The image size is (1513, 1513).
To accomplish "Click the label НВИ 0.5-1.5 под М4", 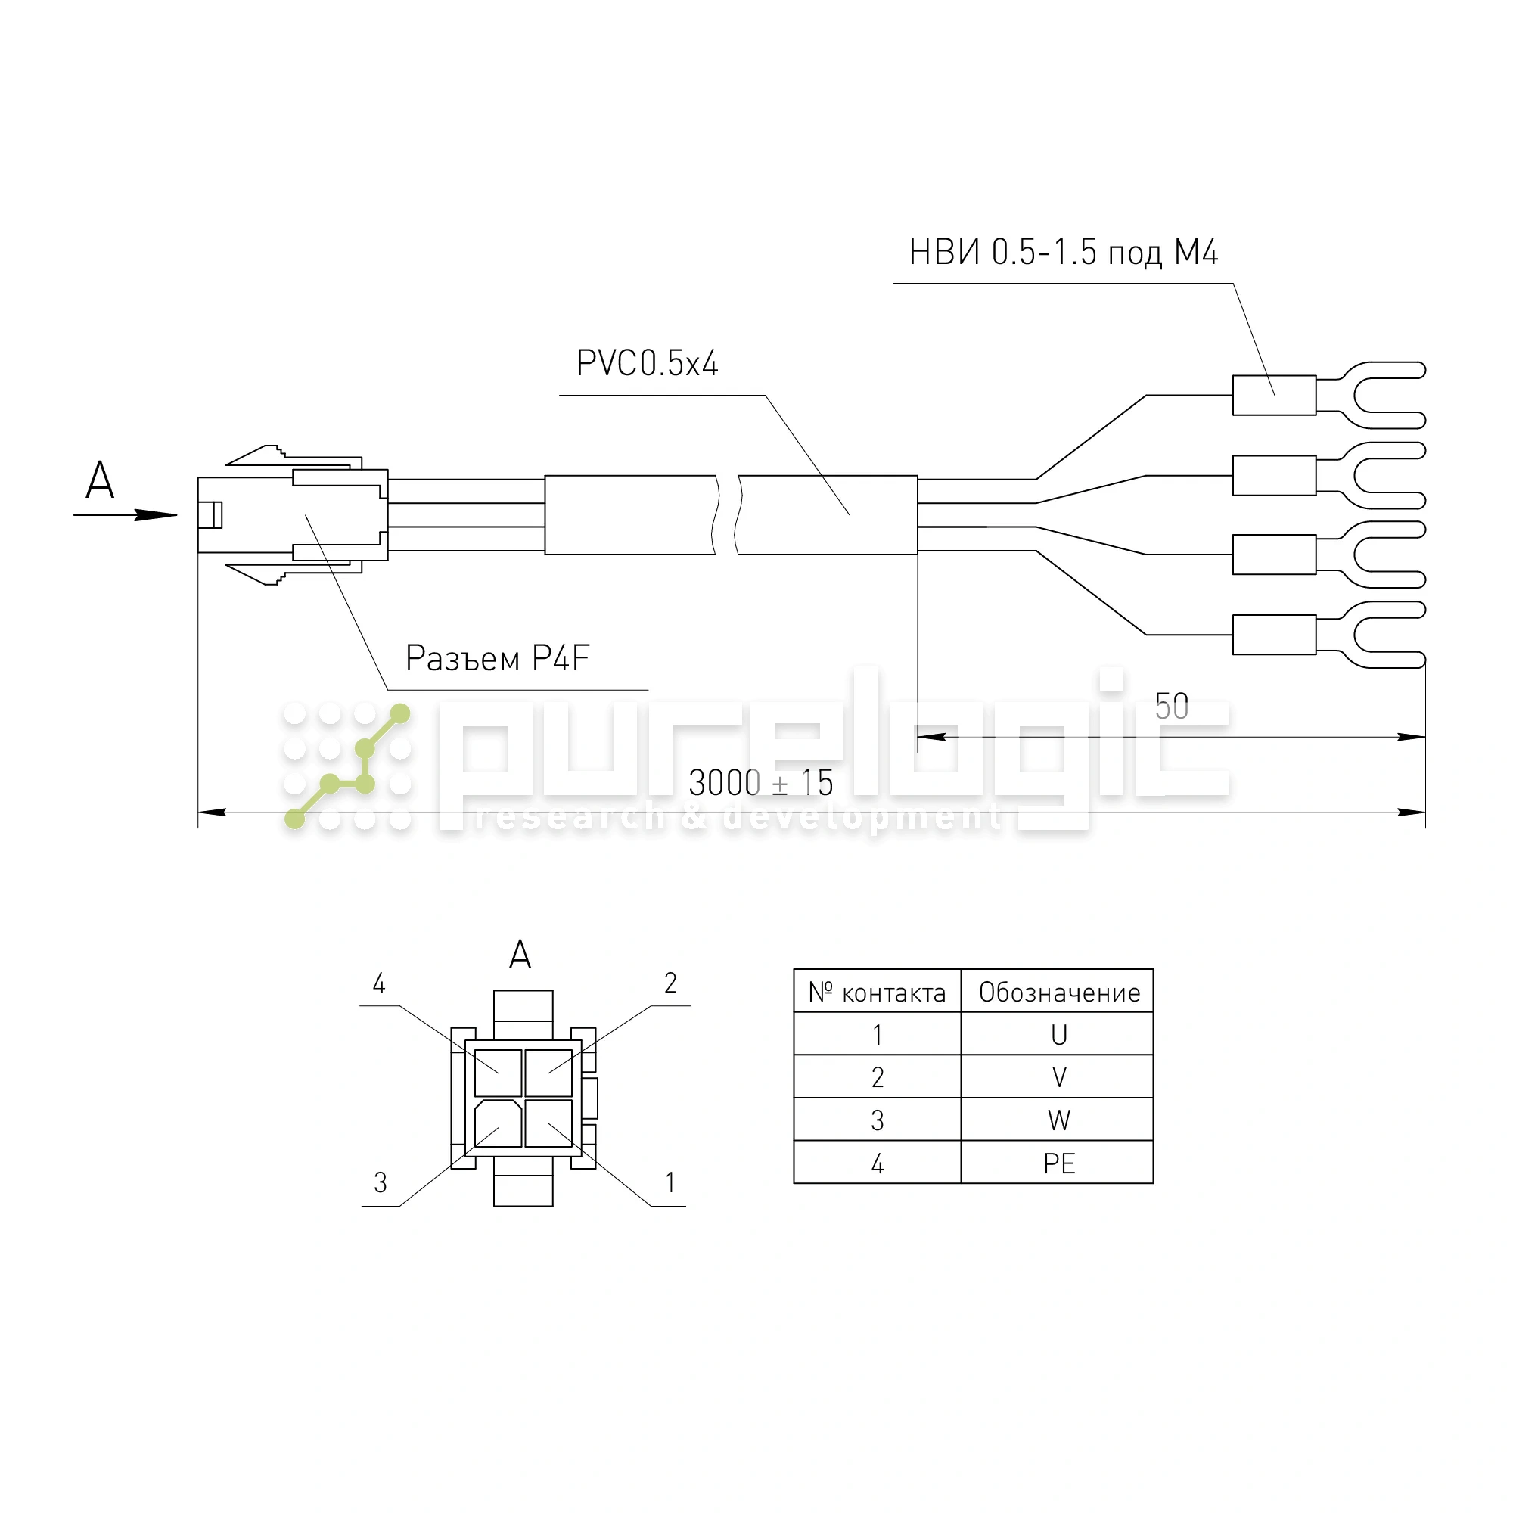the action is [x=1063, y=252].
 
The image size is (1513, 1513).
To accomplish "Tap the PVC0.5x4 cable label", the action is [x=647, y=363].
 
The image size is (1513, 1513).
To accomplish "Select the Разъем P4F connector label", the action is [x=497, y=658].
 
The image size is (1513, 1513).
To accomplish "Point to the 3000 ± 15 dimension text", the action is [x=760, y=782].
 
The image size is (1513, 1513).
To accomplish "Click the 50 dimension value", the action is [x=1172, y=707].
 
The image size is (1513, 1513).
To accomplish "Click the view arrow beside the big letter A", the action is [x=126, y=514].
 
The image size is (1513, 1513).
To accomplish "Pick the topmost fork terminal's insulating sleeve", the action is [x=1274, y=396].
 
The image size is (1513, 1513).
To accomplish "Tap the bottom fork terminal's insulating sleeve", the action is [x=1274, y=635].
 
